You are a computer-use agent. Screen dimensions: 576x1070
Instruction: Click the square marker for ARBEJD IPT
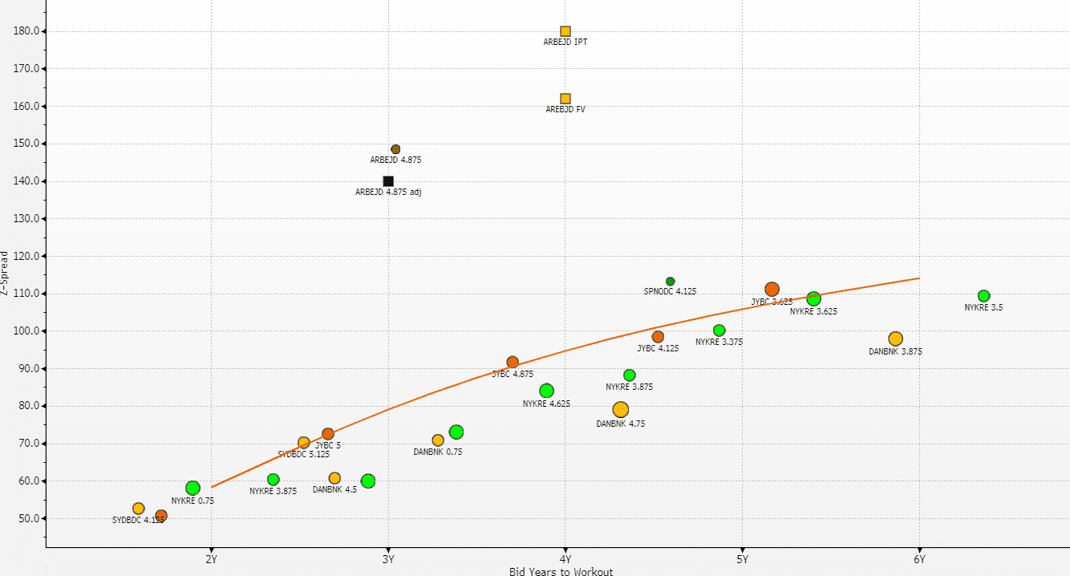point(565,31)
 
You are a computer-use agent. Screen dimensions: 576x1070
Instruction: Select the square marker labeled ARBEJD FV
point(565,99)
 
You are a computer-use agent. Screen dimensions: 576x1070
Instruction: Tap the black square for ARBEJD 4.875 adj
point(388,181)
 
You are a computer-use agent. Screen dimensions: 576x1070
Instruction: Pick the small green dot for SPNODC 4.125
point(671,282)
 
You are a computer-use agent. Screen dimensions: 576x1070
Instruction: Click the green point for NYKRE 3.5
point(984,296)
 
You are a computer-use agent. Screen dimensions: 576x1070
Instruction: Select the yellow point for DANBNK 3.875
point(895,339)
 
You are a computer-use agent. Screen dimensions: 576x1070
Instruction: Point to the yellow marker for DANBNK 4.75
point(620,410)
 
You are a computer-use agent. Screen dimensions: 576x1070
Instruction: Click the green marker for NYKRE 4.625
point(546,391)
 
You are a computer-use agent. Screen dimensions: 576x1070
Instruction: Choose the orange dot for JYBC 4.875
point(513,363)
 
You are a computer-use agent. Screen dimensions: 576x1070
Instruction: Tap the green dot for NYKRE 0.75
point(193,488)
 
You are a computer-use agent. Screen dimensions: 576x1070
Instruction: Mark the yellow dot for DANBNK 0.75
point(438,440)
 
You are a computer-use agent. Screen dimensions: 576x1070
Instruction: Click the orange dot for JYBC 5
point(328,434)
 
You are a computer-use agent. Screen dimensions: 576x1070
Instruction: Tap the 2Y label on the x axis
point(211,559)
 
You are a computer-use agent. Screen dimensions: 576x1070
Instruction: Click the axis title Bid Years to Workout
point(561,571)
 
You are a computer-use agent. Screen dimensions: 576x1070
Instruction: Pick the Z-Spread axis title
point(6,274)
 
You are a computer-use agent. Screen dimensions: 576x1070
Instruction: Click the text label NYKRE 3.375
point(719,343)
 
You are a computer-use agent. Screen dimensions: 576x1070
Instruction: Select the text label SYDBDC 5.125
point(303,454)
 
